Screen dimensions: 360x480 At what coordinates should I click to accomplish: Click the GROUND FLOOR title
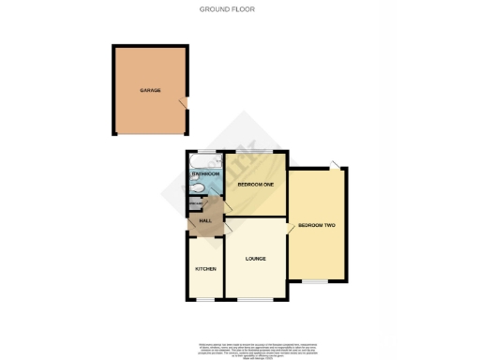(x=227, y=9)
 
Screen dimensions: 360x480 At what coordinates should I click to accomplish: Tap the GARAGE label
(x=150, y=90)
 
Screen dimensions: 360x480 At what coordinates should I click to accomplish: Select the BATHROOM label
(x=205, y=174)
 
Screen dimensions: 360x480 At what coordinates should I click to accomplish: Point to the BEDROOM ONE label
(x=255, y=185)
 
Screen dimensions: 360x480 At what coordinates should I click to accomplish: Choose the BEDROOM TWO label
(x=317, y=226)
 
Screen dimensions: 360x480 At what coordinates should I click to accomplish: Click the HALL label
(x=205, y=221)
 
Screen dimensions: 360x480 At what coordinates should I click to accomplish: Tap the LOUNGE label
(x=255, y=258)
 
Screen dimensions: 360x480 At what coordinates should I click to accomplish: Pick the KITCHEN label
(x=205, y=269)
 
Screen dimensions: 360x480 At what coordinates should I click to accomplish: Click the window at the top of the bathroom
(x=205, y=151)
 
